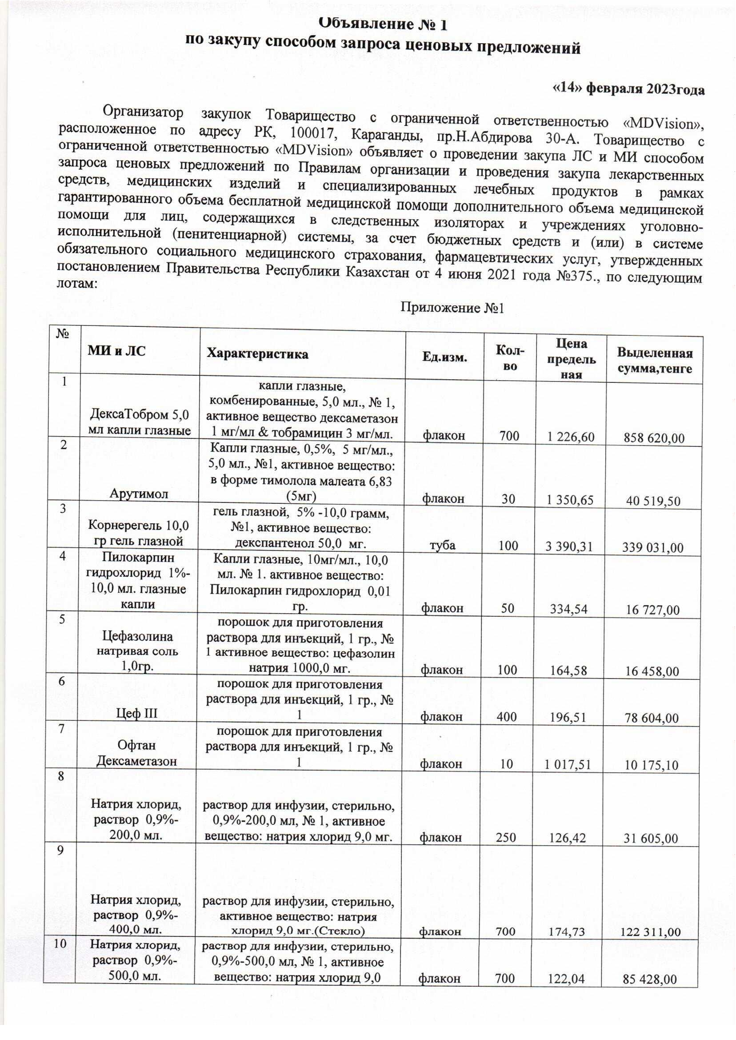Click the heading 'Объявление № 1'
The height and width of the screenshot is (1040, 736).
click(382, 24)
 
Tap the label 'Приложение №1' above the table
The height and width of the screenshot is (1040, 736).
click(452, 309)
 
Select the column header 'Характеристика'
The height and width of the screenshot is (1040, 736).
click(257, 354)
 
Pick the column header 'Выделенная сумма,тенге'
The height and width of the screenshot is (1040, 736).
click(654, 361)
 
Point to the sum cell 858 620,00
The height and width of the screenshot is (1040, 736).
click(653, 438)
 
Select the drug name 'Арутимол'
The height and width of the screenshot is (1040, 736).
click(139, 493)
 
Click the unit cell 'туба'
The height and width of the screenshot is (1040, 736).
click(443, 545)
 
